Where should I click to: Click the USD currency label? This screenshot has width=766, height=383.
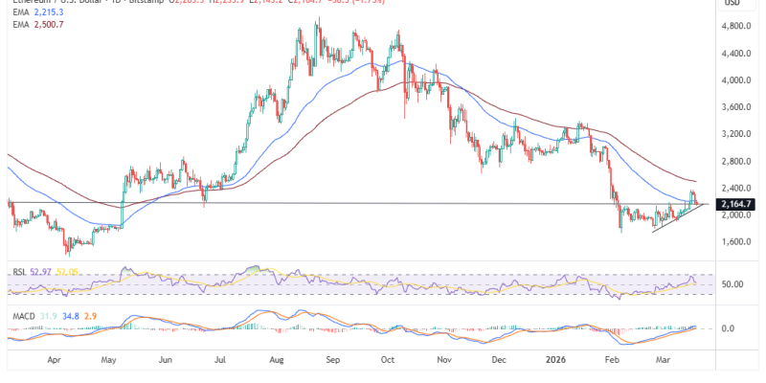point(733,4)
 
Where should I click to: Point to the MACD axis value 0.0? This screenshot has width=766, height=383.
point(728,327)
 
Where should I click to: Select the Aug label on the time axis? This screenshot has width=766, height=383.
point(279,362)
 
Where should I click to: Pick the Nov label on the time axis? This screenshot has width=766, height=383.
point(444,362)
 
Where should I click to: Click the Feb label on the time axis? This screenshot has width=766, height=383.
point(611,362)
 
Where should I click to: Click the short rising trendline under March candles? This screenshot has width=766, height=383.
point(675,220)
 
